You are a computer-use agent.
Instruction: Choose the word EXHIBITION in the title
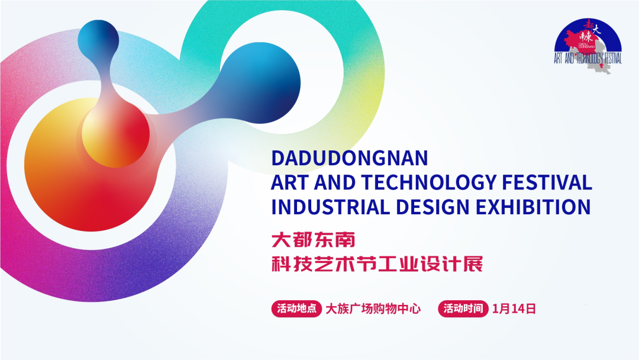point(531,207)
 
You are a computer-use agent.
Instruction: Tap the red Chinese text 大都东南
point(312,240)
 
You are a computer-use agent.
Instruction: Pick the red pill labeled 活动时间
point(463,308)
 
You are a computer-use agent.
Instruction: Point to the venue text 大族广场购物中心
point(373,308)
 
